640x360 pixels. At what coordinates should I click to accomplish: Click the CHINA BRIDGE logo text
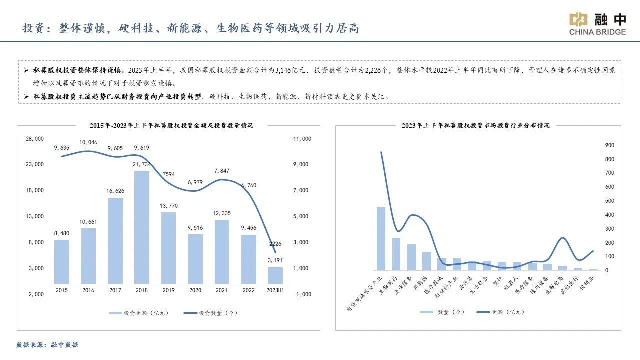click(597, 32)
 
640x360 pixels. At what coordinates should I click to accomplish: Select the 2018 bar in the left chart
click(142, 227)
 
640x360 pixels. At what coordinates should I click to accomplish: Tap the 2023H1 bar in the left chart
click(275, 275)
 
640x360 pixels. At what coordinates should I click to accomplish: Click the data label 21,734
click(142, 164)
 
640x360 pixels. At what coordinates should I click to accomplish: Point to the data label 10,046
click(88, 143)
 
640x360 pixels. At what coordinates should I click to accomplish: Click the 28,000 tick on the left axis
click(35, 138)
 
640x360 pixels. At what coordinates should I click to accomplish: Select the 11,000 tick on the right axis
click(302, 138)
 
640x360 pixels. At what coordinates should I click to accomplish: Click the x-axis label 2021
click(222, 290)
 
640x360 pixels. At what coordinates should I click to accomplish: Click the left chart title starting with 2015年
click(171, 125)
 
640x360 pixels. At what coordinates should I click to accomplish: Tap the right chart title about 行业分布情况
click(475, 125)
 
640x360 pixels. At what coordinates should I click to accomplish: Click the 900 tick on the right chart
click(609, 145)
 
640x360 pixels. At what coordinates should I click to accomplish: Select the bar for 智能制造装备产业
click(381, 238)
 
